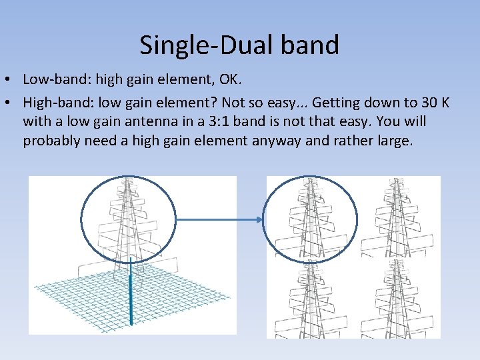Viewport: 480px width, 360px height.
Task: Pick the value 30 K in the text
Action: (x=435, y=103)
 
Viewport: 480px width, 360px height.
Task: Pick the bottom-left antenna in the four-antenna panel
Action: (x=309, y=300)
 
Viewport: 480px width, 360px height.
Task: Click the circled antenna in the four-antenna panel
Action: (x=309, y=217)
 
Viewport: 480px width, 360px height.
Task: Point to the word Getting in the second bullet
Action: (x=338, y=103)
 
